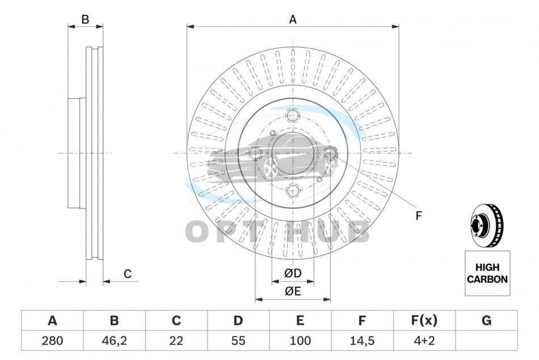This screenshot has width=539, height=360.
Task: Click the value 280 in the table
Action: [52, 341]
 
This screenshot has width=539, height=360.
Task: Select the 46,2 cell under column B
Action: [114, 341]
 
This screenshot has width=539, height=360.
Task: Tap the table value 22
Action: [176, 341]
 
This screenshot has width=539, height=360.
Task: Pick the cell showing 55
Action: [238, 341]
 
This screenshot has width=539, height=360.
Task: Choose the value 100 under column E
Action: [300, 341]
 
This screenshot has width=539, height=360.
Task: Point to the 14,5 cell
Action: [362, 341]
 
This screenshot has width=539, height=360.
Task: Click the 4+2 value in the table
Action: [424, 341]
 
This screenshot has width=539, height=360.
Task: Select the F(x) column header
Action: [424, 320]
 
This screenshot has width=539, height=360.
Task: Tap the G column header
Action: [486, 320]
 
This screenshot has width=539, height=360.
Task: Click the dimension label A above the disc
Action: [293, 20]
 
